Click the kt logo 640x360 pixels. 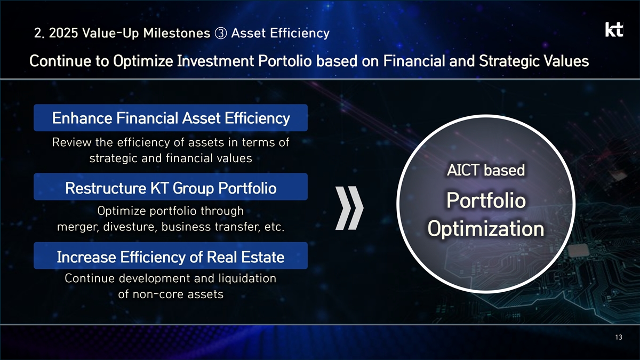614,29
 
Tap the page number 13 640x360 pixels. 619,338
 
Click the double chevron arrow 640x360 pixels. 349,208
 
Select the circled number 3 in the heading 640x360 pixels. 221,33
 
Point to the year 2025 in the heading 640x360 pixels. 63,33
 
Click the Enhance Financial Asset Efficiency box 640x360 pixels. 171,118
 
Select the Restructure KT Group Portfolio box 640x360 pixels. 171,187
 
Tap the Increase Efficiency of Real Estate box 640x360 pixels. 171,255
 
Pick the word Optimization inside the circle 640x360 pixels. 486,229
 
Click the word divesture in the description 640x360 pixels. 130,227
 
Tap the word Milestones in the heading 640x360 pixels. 177,33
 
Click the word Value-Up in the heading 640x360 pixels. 111,34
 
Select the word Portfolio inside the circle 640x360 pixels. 486,201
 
